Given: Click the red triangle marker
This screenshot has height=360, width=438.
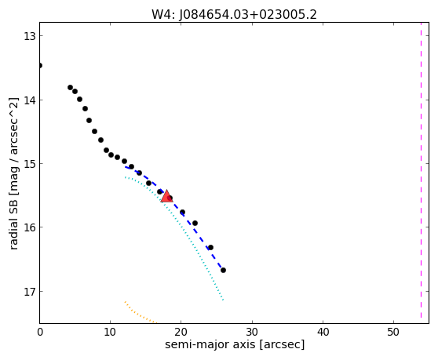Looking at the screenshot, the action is coord(166,196).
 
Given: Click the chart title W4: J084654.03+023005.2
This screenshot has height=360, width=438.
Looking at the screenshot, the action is coord(234,15).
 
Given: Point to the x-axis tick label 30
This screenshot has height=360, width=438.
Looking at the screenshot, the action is coord(252,332).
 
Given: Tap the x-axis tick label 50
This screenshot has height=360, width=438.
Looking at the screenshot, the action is coord(393,332).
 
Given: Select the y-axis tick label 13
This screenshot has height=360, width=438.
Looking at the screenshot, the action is coord(29,36).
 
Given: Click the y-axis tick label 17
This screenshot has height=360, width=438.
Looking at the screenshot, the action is coord(29,292).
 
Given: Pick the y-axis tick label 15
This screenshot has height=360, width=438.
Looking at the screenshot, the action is coord(29,164).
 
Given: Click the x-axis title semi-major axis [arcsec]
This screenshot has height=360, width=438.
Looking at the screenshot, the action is coord(235,344).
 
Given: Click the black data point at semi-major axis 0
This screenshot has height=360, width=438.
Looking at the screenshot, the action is coord(40,66).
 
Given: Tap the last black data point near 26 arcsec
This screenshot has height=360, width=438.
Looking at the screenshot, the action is coord(223,270).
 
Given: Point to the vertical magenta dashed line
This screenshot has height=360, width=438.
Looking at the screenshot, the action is coord(421,170).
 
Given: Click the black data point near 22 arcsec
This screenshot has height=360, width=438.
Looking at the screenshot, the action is coord(195,223).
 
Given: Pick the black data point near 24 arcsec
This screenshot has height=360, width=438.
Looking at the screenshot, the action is coord(210,247).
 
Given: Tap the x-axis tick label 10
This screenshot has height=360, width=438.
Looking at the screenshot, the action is coord(110,332).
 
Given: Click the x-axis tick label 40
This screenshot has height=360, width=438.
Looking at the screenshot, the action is coord(323,332).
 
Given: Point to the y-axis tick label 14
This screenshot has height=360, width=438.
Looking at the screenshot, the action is coord(29,100).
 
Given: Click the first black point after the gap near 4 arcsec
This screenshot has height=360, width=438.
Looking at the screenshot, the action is coord(70,87).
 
